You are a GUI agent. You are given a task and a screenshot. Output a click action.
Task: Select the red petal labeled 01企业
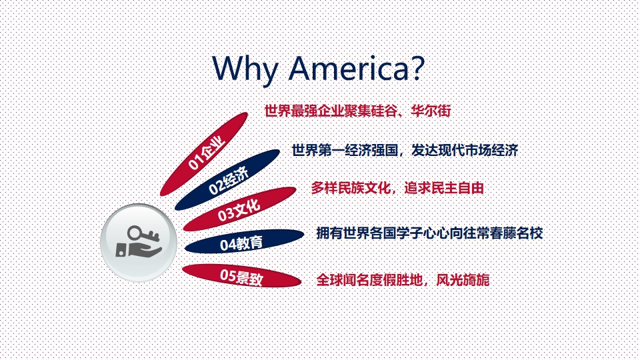(204, 154)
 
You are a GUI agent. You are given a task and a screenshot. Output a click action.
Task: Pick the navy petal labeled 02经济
(227, 180)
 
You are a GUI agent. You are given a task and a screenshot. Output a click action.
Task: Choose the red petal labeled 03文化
(239, 209)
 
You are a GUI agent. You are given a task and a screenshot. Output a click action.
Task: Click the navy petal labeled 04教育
(244, 241)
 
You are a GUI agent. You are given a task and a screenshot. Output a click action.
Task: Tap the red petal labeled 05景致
(241, 276)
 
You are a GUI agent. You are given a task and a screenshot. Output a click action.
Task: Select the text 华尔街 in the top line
(431, 111)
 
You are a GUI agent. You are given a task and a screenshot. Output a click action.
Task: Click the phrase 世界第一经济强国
(345, 150)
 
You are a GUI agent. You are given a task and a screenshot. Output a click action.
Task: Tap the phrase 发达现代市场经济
(465, 150)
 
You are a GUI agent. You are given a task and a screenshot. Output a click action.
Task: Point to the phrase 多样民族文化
(351, 188)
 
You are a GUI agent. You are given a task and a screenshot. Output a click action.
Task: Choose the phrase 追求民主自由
(444, 188)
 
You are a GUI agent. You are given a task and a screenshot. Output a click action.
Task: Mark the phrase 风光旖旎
(463, 280)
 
